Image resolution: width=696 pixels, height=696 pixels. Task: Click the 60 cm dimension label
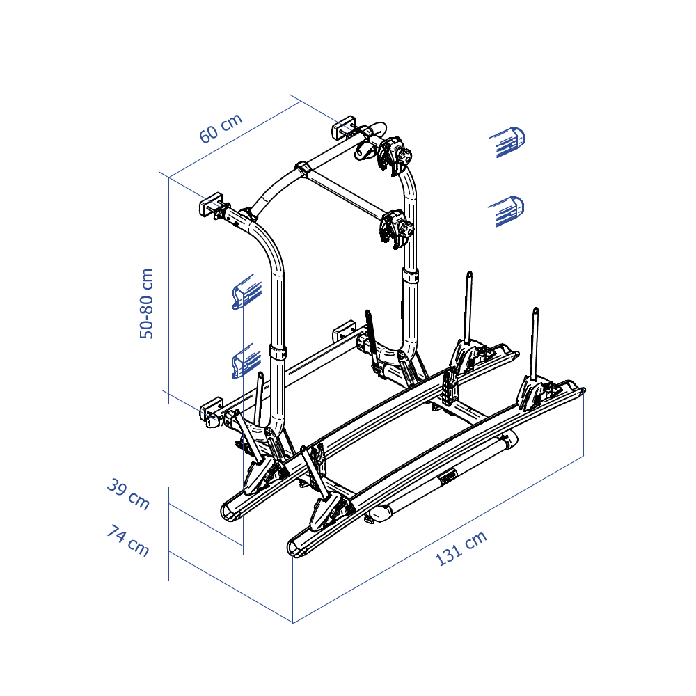(x=221, y=128)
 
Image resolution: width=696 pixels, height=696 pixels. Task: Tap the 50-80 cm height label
(x=146, y=303)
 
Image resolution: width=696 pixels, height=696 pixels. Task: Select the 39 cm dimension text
(x=128, y=493)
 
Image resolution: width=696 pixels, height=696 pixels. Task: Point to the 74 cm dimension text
(x=128, y=540)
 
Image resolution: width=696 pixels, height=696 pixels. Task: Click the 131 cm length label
(x=461, y=548)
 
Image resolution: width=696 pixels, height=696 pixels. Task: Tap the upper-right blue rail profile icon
(x=507, y=142)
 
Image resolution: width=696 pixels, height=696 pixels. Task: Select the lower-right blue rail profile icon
(x=506, y=212)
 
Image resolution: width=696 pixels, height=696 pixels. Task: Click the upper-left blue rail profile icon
(x=247, y=292)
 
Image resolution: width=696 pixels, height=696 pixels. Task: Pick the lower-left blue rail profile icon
(x=246, y=361)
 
